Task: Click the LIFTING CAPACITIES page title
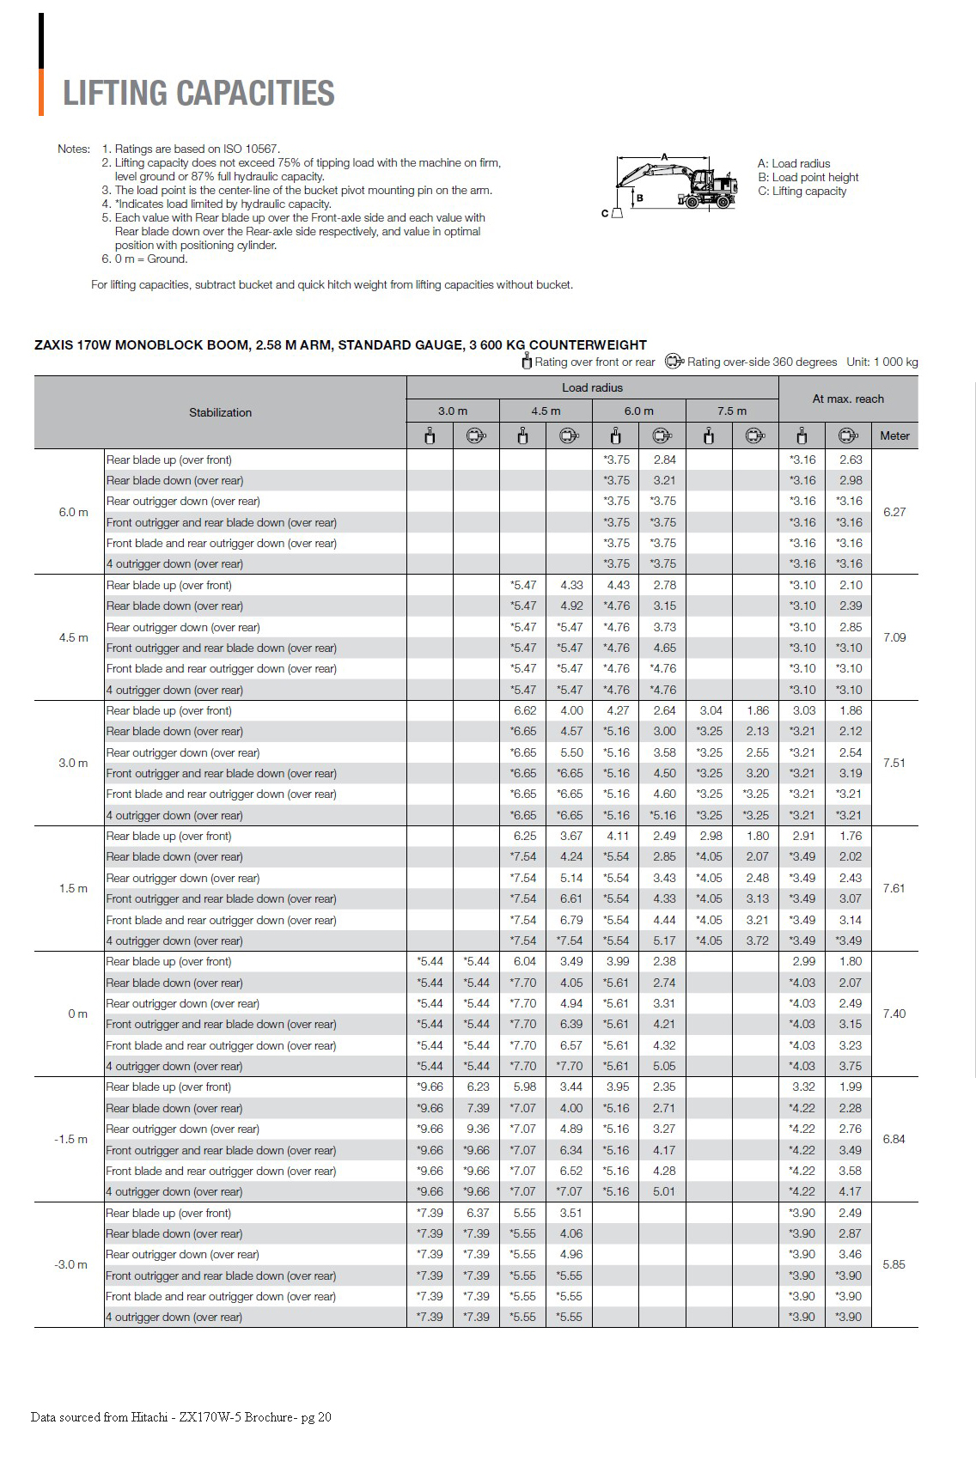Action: (198, 94)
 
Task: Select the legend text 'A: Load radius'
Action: (794, 163)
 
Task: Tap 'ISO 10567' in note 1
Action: (250, 149)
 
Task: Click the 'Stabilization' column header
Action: (220, 412)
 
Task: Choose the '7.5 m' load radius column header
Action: (732, 411)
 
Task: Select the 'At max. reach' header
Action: (848, 399)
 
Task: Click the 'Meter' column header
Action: (894, 435)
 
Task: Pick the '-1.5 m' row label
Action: (71, 1139)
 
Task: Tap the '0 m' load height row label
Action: (77, 1014)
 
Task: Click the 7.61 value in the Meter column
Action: (894, 888)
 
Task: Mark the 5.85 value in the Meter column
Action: (894, 1264)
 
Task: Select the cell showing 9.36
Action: (478, 1129)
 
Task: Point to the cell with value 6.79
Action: (571, 920)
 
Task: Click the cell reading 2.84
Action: (664, 460)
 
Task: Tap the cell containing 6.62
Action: (524, 710)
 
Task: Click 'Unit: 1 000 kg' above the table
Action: (881, 362)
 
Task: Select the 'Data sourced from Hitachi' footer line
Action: (180, 1417)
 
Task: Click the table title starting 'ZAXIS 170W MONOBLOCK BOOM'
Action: (340, 344)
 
